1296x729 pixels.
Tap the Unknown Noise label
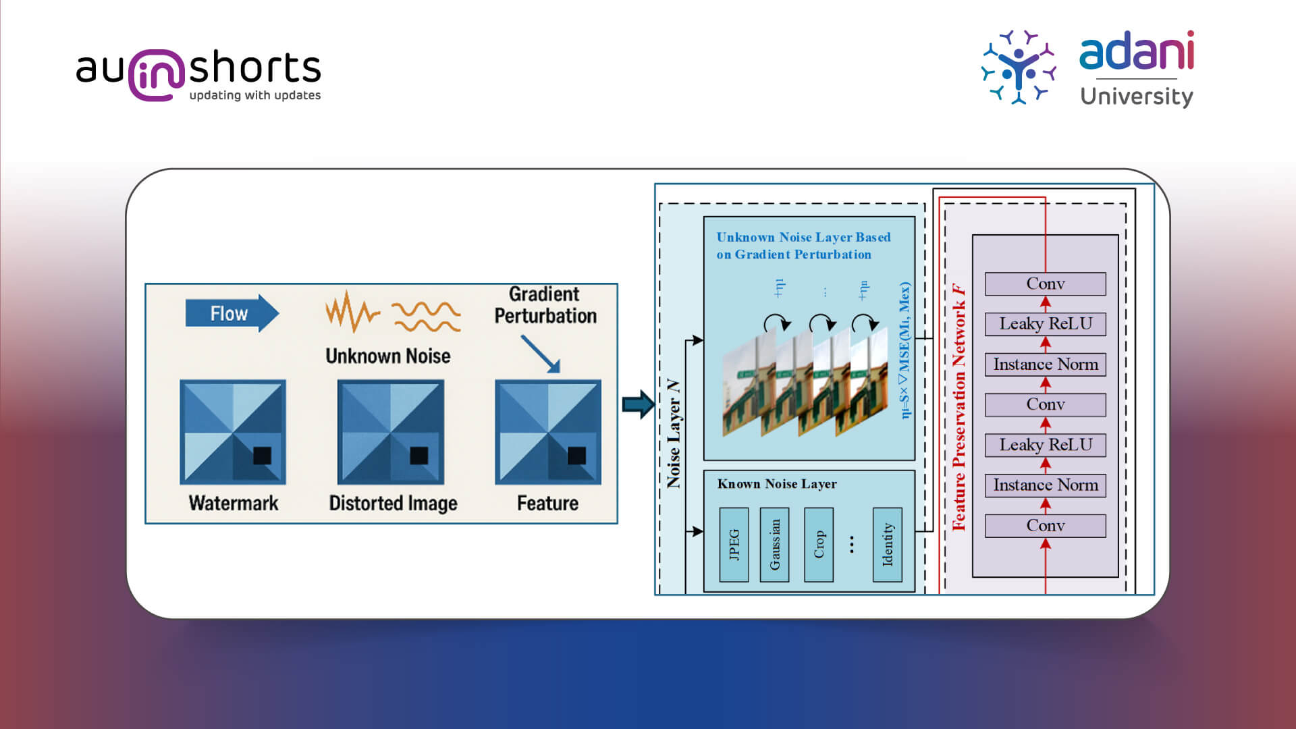coord(387,356)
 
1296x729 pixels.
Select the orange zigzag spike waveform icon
coord(352,311)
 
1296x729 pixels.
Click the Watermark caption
coord(233,503)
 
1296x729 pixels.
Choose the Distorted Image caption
coord(393,503)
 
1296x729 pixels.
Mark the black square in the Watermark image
coord(262,456)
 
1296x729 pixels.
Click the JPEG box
coord(734,545)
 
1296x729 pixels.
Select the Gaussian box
coord(774,545)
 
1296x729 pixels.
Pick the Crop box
coord(819,545)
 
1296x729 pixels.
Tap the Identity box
coord(887,545)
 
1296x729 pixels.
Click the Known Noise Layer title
coord(776,484)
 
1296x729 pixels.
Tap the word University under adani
coord(1136,97)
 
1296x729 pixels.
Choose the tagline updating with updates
coord(254,95)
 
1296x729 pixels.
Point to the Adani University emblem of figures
coord(1018,67)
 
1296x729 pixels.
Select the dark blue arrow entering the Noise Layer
coord(637,404)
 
